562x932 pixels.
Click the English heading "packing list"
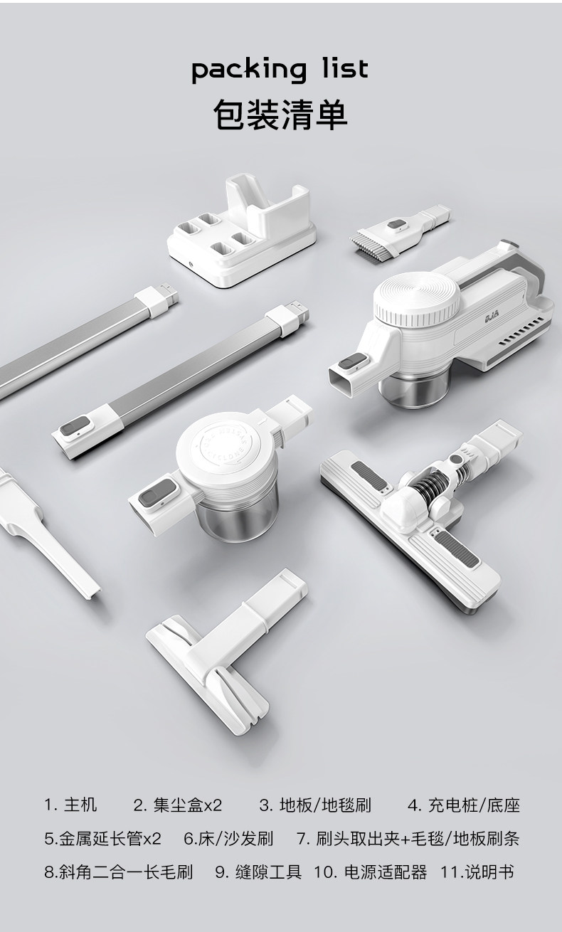(280, 70)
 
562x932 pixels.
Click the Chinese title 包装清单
(280, 115)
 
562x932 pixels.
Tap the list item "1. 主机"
(70, 804)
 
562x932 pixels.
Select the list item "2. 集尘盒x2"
(178, 804)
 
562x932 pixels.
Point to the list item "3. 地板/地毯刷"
(315, 804)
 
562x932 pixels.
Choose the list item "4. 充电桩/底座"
(464, 804)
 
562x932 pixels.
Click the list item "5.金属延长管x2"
(102, 838)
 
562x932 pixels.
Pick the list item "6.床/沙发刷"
(228, 838)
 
